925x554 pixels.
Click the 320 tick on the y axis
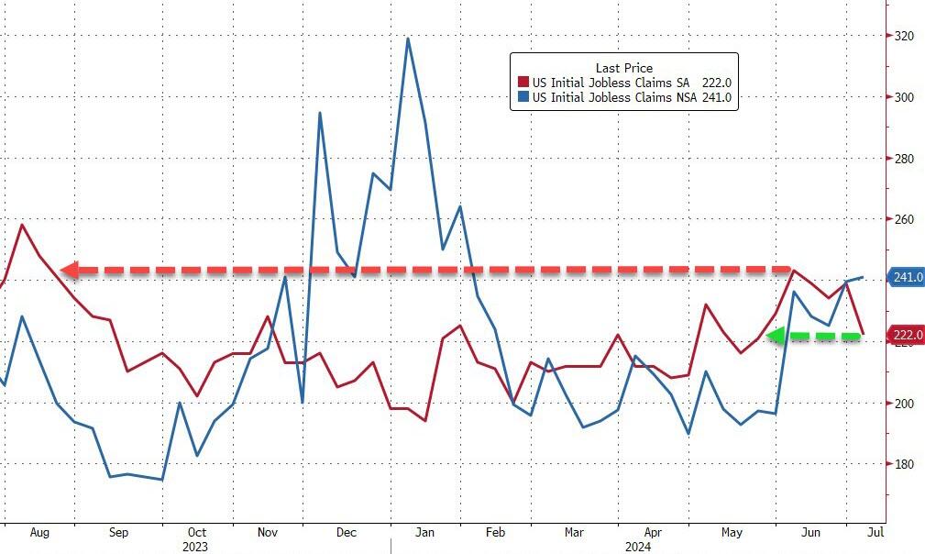coord(904,37)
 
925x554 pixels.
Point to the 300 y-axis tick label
coord(904,97)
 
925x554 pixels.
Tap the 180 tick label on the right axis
coord(904,465)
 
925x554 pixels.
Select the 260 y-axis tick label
coord(904,220)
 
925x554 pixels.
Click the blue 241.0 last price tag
coord(907,278)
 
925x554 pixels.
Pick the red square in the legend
coord(523,82)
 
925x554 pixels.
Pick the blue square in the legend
coord(523,96)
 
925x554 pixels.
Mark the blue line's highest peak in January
coord(407,39)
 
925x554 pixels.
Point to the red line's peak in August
coord(22,225)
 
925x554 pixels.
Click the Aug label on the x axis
coord(39,532)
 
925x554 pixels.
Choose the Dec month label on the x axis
coord(347,532)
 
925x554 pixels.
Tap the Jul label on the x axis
coord(875,532)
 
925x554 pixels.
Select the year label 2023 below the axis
coord(194,546)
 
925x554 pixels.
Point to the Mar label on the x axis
coord(574,532)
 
